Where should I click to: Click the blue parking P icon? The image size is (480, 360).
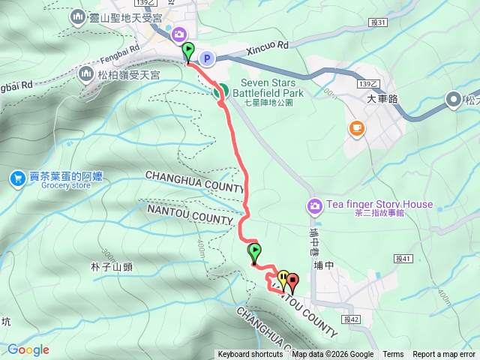[x=208, y=58]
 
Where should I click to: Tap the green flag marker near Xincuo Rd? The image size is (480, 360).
[x=187, y=52]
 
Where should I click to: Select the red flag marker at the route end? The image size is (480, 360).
[x=292, y=282]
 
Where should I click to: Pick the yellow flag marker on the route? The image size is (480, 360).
[x=283, y=279]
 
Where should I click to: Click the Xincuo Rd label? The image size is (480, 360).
[x=266, y=45]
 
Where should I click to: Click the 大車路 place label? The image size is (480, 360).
[x=381, y=97]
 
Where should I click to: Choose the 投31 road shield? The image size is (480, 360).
[x=378, y=22]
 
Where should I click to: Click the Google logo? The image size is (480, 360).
[x=28, y=349]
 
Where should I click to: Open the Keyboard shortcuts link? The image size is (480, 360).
[x=250, y=355]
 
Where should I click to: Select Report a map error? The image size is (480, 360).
[x=443, y=355]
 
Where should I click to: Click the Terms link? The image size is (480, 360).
[x=393, y=355]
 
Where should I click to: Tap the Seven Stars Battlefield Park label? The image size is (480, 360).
[x=271, y=88]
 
